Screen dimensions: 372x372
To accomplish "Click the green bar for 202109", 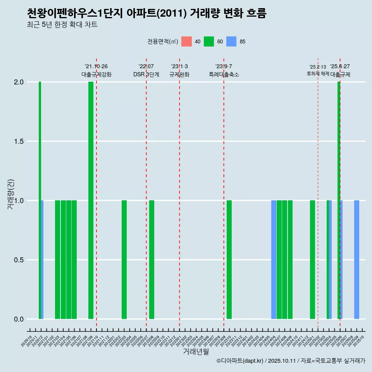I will [x=91, y=200].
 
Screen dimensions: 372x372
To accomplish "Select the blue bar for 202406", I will [x=274, y=260].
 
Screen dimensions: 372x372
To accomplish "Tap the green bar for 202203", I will [x=124, y=260].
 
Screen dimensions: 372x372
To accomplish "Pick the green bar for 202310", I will [x=229, y=260].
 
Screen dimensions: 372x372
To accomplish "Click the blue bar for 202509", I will [x=356, y=260].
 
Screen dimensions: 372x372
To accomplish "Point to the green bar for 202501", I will [x=312, y=260].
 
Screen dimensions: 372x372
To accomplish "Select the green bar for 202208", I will [x=152, y=260].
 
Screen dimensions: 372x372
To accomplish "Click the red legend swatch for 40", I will [x=186, y=41].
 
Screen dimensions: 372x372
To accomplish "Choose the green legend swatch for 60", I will [x=209, y=41].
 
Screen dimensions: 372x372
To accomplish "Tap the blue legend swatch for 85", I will [x=231, y=41].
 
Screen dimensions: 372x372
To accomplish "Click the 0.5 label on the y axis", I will [x=18, y=260].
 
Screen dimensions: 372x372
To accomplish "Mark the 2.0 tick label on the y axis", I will [x=18, y=82].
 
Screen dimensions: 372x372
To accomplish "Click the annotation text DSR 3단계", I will [x=146, y=74].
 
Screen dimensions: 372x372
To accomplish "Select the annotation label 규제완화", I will [x=179, y=74].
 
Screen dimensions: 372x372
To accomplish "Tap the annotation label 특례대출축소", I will [x=224, y=74].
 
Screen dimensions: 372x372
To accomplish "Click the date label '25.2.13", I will [x=318, y=67].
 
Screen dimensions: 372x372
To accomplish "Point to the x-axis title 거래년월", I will [x=196, y=351].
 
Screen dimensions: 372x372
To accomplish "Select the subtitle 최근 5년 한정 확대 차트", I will [x=62, y=25].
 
